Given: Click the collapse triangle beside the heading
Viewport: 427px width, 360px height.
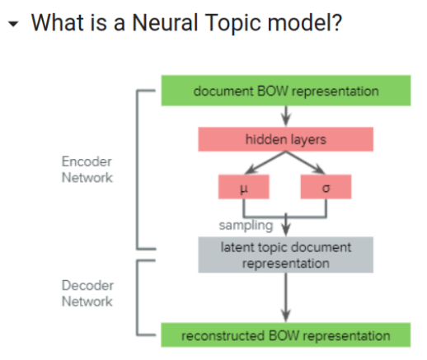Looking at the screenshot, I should coord(12,24).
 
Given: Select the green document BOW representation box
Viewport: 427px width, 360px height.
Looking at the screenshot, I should coord(285,91).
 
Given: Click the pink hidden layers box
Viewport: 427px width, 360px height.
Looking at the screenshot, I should coord(285,139).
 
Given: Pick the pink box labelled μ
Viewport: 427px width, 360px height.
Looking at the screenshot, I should coord(244,188).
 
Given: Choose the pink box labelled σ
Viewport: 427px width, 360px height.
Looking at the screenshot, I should coord(326,188).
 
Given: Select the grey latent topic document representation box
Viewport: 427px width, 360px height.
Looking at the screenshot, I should coord(285,255).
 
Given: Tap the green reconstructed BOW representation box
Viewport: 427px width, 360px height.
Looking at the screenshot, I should coord(285,335).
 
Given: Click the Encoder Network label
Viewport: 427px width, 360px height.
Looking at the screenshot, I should coord(86,169).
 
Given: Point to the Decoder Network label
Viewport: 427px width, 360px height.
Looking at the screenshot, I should coord(86,292).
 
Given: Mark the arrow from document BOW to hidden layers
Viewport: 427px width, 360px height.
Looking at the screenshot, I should coord(285,116).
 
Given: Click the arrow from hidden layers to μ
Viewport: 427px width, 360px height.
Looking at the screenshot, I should coord(262,165).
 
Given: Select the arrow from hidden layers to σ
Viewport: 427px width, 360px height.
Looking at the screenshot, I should coord(308,165).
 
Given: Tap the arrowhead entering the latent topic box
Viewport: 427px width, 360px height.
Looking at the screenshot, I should coord(285,230).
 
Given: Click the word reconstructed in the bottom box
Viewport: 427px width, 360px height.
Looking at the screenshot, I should coord(223,335).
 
